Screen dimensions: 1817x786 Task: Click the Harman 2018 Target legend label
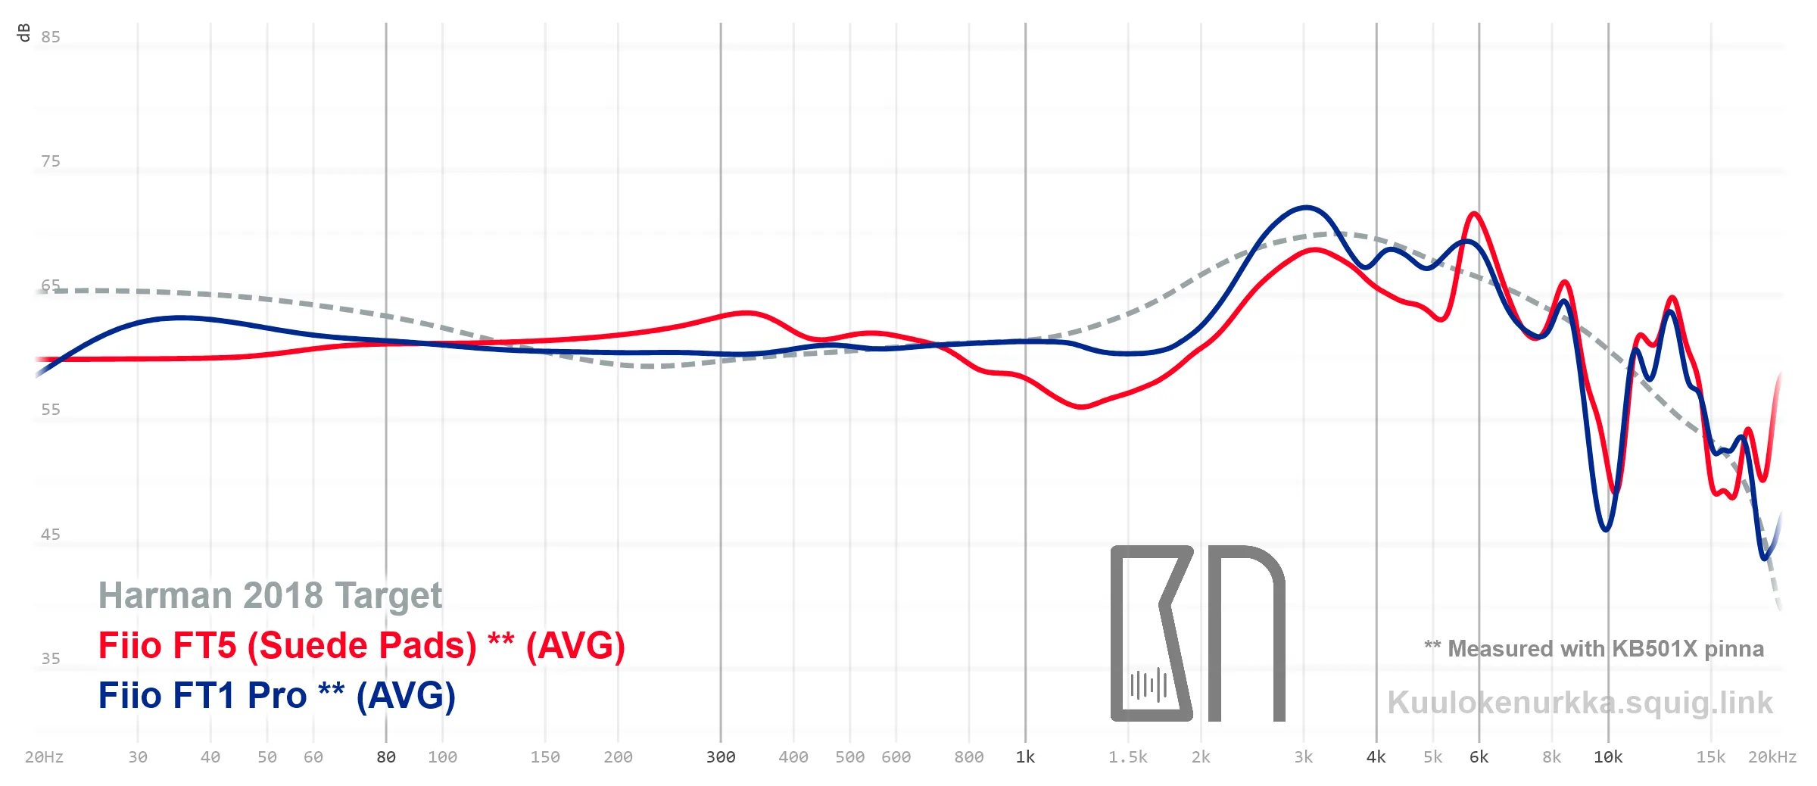pos(270,596)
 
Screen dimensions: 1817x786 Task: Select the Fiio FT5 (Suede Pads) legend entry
pos(362,646)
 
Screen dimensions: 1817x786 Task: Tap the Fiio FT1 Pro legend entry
pos(277,696)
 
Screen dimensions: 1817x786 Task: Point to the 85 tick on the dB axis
pos(51,37)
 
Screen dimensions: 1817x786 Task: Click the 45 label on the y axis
pos(51,535)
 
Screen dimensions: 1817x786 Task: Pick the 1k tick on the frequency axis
pos(1025,757)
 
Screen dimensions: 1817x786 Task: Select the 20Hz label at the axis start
pos(44,757)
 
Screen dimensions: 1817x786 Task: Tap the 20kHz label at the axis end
pos(1772,757)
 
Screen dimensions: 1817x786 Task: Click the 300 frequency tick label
pos(721,757)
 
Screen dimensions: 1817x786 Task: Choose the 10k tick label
pos(1608,757)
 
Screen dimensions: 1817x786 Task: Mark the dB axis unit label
pos(23,33)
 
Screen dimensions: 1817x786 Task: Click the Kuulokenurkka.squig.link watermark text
pos(1580,703)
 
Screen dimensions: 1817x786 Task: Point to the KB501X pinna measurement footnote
pos(1594,649)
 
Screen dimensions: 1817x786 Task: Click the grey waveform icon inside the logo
pos(1148,685)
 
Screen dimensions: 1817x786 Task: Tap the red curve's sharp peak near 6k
pos(1474,214)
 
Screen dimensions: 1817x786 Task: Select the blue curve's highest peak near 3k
pos(1306,207)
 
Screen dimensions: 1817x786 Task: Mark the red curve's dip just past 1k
pos(1082,407)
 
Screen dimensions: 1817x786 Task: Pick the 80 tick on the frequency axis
pos(386,757)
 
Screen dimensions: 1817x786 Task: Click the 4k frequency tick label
pos(1376,757)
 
